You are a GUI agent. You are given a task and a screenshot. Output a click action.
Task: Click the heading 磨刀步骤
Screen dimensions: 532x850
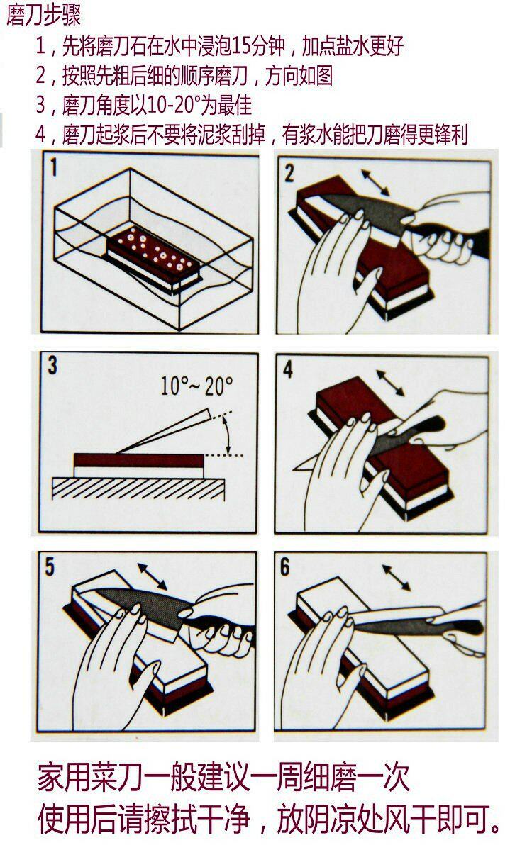pyautogui.click(x=44, y=15)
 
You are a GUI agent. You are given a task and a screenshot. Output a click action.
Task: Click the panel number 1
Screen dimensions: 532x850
pyautogui.click(x=53, y=167)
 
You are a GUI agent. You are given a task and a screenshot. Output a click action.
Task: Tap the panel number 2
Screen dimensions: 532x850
pyautogui.click(x=289, y=173)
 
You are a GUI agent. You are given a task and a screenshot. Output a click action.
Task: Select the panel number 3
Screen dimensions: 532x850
pyautogui.click(x=52, y=365)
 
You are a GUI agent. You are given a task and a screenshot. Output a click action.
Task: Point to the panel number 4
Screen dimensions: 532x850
pyautogui.click(x=288, y=370)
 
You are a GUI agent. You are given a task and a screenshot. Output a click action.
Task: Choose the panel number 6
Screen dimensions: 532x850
pyautogui.click(x=285, y=567)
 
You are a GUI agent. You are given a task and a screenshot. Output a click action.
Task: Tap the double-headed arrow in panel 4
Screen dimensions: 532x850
pyautogui.click(x=390, y=383)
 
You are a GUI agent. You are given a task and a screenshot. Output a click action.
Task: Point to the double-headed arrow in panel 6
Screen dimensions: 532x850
pyautogui.click(x=397, y=578)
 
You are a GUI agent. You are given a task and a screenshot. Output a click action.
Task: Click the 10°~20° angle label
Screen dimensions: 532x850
pyautogui.click(x=197, y=386)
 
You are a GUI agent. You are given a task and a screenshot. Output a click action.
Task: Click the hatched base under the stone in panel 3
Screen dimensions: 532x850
pyautogui.click(x=138, y=488)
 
